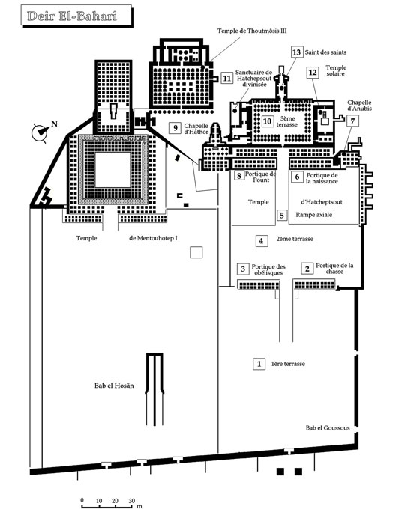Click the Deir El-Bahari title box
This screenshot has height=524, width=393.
point(76,16)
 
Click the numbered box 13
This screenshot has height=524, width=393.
point(296,52)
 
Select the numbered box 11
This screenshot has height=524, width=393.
point(227,78)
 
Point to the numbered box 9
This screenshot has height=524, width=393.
point(175,128)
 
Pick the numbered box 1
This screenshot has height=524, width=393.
point(259,364)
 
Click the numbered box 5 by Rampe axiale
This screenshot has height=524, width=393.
point(282,215)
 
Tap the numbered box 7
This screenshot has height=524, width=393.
point(352,121)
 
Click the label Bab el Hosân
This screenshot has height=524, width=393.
point(114,386)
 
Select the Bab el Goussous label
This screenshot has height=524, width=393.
point(328,427)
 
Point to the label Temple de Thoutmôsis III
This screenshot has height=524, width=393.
point(252,31)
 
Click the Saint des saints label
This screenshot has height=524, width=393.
point(325,52)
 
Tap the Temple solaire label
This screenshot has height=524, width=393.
point(336,70)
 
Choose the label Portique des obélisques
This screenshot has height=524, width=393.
point(268,269)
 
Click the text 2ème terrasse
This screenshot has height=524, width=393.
point(295,239)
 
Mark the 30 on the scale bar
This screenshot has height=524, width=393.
point(131,501)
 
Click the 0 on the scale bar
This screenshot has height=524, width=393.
point(82,500)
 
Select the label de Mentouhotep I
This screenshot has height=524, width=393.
point(153,238)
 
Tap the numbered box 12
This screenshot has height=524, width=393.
point(313,73)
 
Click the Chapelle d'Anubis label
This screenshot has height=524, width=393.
point(359,106)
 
